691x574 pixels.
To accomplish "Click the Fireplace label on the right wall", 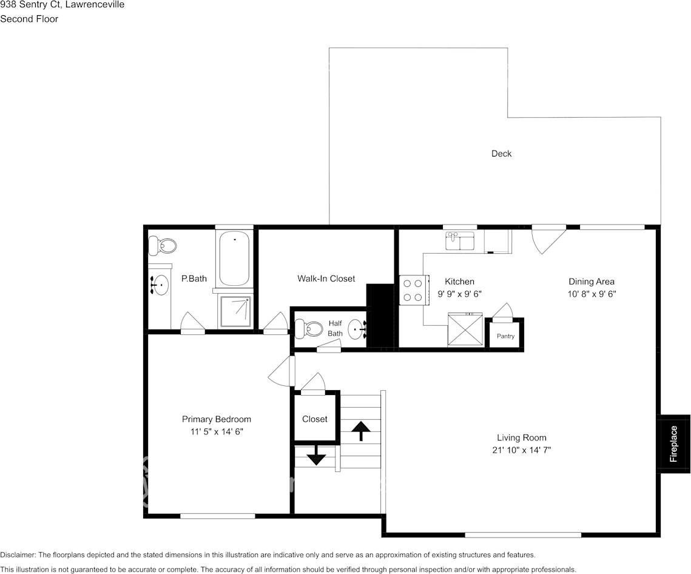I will coord(673,444).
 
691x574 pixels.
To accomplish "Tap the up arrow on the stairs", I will coord(361,430).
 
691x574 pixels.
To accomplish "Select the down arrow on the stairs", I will coord(315,456).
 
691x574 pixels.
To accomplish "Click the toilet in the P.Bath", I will coord(163,246).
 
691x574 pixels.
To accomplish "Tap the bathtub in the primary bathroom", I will coord(234,258).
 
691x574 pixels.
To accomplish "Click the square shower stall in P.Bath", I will coord(234,311).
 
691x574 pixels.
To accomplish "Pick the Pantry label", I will coord(505,336).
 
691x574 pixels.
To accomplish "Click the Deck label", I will coord(501,154).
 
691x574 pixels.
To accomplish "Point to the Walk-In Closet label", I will coord(326,279).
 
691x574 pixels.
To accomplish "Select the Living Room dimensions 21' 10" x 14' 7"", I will coord(521,450).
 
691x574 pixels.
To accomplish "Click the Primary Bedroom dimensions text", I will coord(217,432).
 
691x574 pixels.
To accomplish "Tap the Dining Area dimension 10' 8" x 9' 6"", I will coord(591,294).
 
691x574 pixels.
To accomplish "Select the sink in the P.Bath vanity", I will coord(161,285).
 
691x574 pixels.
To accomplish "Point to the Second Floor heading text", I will coord(29,19).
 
